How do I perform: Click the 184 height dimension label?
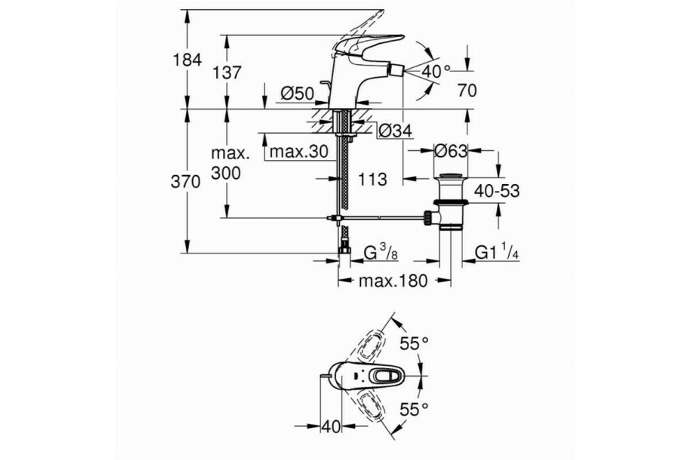(x=187, y=60)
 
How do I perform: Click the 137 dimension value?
(x=227, y=73)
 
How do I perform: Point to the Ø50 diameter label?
(x=297, y=93)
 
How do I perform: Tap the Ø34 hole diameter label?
(x=395, y=132)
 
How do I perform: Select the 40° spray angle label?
(x=436, y=72)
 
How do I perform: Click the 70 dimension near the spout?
(x=467, y=91)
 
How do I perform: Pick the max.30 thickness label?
(x=299, y=152)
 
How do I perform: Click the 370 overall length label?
(x=185, y=182)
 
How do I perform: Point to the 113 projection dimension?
(x=373, y=179)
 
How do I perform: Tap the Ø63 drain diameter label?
(x=451, y=151)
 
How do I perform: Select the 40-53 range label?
(x=497, y=191)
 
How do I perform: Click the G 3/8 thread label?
(x=381, y=252)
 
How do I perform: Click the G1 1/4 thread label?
(x=497, y=252)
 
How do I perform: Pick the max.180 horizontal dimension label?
(x=393, y=281)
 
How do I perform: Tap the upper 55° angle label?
(x=414, y=343)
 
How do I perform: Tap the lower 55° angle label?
(x=414, y=409)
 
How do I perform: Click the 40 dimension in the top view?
(x=331, y=427)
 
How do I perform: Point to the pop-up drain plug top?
(x=451, y=176)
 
